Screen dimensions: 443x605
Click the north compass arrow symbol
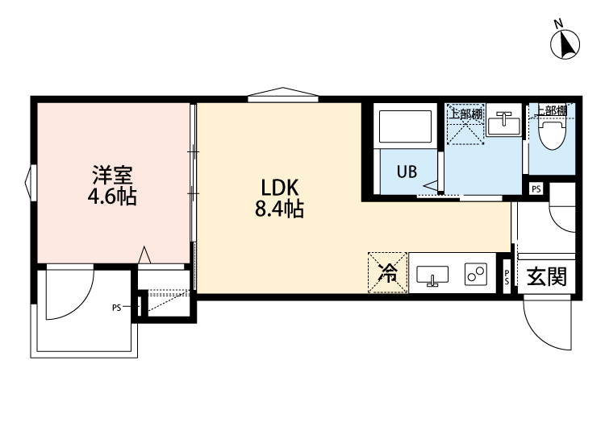(x=566, y=43)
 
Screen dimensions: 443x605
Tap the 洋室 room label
(x=106, y=175)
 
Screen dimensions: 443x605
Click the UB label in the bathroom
(x=406, y=171)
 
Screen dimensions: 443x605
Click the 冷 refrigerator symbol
(x=388, y=273)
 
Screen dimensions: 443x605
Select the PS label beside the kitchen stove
(x=507, y=277)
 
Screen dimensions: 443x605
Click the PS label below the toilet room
(x=536, y=188)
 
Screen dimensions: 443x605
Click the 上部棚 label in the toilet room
(x=551, y=112)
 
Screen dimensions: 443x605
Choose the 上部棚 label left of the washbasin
(x=465, y=114)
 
